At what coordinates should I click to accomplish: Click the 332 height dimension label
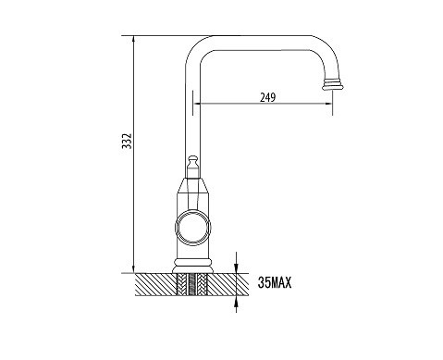(127, 141)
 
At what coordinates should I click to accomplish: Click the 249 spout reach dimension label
(267, 97)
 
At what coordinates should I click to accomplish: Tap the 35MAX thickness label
(275, 282)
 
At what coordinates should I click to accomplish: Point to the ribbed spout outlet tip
(333, 84)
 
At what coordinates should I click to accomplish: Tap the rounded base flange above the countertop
(193, 266)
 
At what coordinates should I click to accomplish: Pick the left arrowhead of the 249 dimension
(198, 104)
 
